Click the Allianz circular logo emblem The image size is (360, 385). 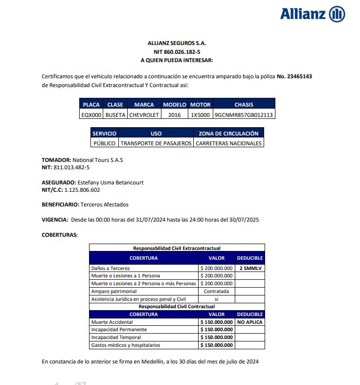(337, 14)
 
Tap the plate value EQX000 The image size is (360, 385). (91, 115)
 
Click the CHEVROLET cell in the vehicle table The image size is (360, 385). (144, 115)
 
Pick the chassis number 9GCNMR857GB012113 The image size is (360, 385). (244, 115)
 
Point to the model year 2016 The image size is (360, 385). (174, 115)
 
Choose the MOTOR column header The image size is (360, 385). (200, 105)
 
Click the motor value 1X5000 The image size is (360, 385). (200, 115)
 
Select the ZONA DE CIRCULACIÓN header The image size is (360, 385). (228, 133)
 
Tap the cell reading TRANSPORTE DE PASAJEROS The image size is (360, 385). (156, 143)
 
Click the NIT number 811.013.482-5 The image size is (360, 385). (71, 167)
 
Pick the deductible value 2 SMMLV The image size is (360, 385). (250, 269)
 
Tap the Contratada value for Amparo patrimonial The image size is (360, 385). (216, 291)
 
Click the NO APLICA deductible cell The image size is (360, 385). (250, 322)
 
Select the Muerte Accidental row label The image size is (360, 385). (112, 322)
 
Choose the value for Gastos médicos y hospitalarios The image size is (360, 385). (216, 345)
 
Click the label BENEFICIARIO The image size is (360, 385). (60, 204)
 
